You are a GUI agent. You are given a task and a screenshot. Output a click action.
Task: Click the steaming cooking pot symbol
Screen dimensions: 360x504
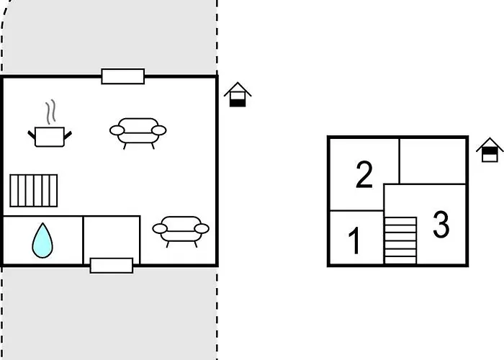[x=50, y=135]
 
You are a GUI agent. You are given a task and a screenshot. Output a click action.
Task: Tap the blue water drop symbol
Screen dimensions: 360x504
[x=42, y=240]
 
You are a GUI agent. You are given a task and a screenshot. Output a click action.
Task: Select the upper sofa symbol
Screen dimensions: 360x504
[x=138, y=130]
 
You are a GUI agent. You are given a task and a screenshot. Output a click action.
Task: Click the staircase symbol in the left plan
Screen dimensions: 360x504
[x=33, y=190]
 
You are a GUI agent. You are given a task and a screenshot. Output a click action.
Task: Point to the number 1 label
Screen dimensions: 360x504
[x=354, y=241]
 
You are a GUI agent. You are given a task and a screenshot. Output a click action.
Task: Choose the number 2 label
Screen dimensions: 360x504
[x=364, y=175]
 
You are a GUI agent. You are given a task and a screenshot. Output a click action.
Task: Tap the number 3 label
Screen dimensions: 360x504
[x=441, y=225]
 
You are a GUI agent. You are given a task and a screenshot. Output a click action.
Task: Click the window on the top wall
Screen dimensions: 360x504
[x=122, y=76]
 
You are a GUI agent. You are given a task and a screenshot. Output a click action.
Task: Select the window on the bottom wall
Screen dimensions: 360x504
[x=112, y=265]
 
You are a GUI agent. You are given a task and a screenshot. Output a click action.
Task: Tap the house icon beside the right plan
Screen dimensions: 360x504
[x=490, y=149]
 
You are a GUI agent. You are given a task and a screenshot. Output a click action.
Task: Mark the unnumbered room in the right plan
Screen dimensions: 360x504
[x=433, y=160]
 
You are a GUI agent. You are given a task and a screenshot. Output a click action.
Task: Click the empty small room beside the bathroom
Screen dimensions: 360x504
[x=112, y=238]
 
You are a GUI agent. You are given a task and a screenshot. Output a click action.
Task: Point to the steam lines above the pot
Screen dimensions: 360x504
[x=50, y=112]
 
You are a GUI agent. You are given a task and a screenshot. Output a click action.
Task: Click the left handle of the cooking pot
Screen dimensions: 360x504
[x=32, y=132]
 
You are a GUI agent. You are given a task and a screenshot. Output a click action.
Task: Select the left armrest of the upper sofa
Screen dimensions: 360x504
[x=117, y=130]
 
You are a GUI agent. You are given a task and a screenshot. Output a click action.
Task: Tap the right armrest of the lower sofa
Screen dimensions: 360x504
[x=202, y=228]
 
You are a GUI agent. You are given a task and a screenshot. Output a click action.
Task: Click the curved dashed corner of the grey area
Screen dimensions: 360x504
[x=9, y=22]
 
